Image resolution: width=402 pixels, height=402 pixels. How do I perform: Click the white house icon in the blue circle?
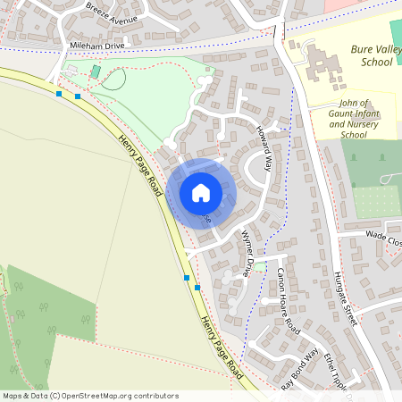point(200,193)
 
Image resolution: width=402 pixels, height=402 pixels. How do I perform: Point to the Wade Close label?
point(385,237)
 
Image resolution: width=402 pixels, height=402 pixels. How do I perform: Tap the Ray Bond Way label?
point(299,367)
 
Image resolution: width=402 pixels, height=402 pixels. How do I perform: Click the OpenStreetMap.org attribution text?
point(127,395)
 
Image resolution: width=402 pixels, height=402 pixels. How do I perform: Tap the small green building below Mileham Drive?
point(96,71)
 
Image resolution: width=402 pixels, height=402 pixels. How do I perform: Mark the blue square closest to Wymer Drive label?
point(197,288)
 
